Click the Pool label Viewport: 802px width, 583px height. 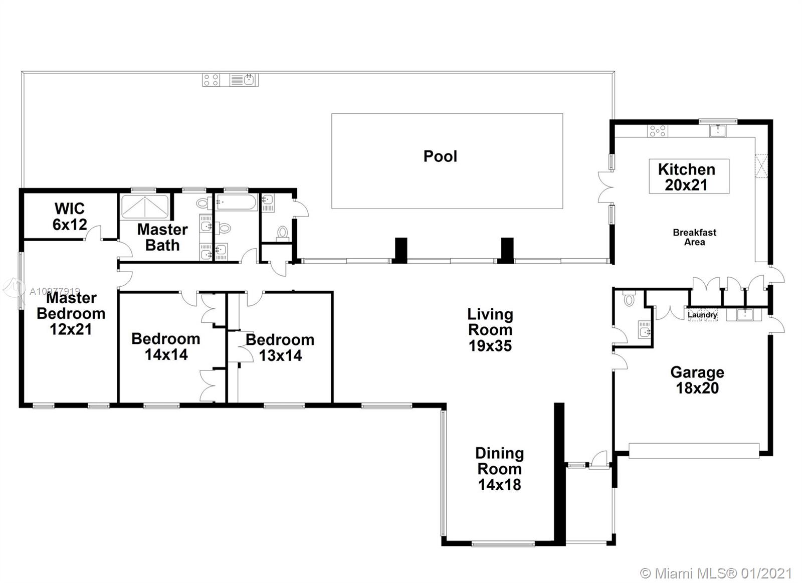pos(440,156)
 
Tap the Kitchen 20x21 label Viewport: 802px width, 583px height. pos(686,177)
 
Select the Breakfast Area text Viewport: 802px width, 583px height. pos(695,237)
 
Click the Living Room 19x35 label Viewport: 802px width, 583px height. pos(490,330)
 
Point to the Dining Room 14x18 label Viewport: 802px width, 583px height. pos(499,469)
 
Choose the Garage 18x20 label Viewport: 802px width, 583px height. pos(697,380)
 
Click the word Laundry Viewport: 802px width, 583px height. pos(702,315)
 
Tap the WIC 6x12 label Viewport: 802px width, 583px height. pos(70,216)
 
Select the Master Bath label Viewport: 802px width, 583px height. pos(162,237)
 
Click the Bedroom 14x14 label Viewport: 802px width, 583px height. pos(166,347)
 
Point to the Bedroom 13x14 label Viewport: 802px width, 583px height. pos(280,347)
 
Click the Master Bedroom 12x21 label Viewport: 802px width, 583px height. pos(71,313)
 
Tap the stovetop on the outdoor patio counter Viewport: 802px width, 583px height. pos(211,80)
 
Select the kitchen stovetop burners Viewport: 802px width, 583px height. pos(658,131)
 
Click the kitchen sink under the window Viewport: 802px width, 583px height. pos(718,131)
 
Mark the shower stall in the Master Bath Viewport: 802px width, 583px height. pos(145,207)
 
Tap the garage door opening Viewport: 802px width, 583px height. pos(694,451)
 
